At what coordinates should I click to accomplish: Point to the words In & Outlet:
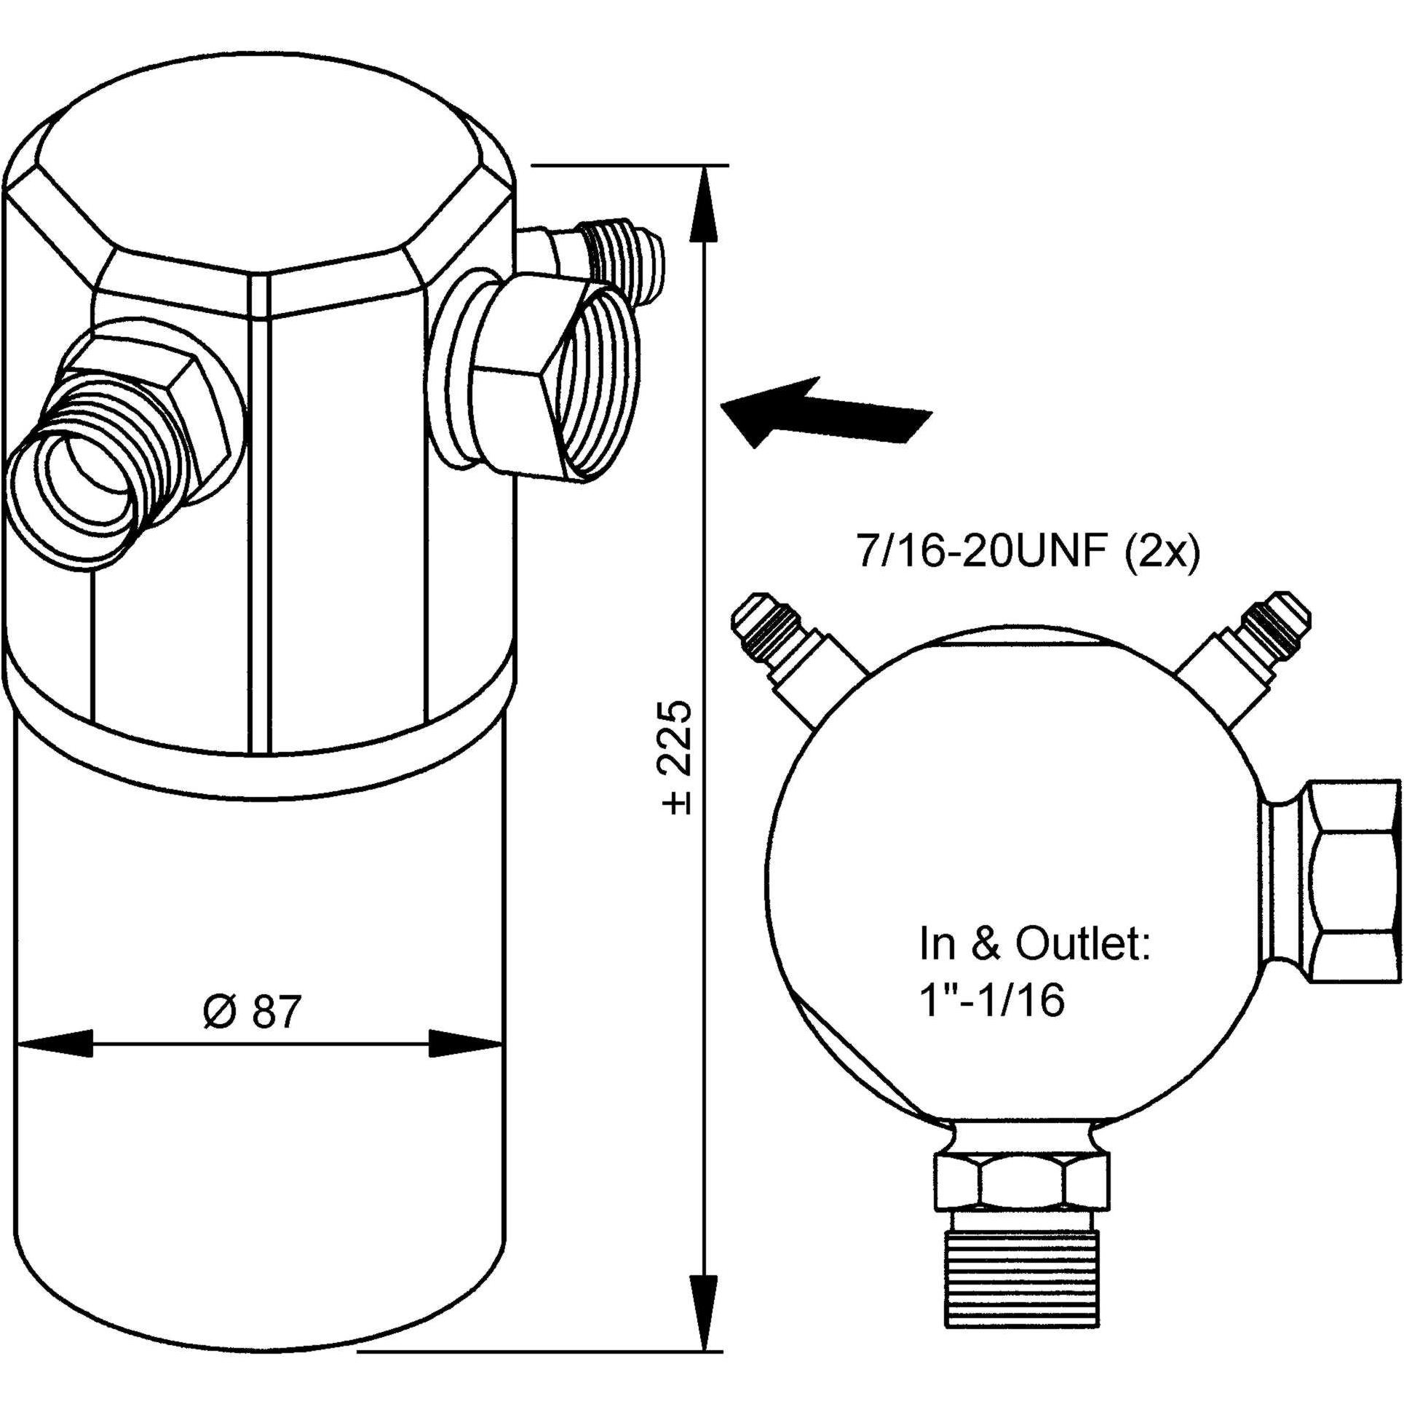click(x=1034, y=944)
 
